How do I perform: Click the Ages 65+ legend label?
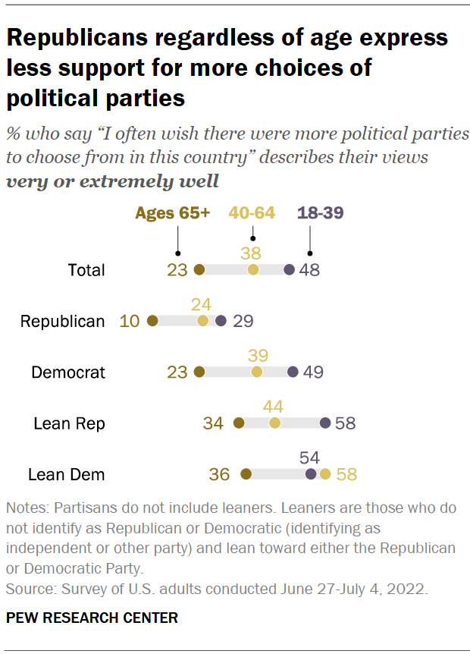172,213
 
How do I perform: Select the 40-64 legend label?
252,213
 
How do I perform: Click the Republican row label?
62,321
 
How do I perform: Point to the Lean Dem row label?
66,475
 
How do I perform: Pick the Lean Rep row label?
69,423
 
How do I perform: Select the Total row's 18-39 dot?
289,269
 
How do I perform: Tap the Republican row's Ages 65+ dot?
152,321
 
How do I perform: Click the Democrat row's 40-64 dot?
257,372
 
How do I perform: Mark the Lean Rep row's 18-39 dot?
325,423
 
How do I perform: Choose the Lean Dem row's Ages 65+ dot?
245,475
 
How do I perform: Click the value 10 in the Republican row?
130,321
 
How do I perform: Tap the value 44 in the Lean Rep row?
273,406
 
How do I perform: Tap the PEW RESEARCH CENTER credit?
92,618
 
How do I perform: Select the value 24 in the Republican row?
201,303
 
